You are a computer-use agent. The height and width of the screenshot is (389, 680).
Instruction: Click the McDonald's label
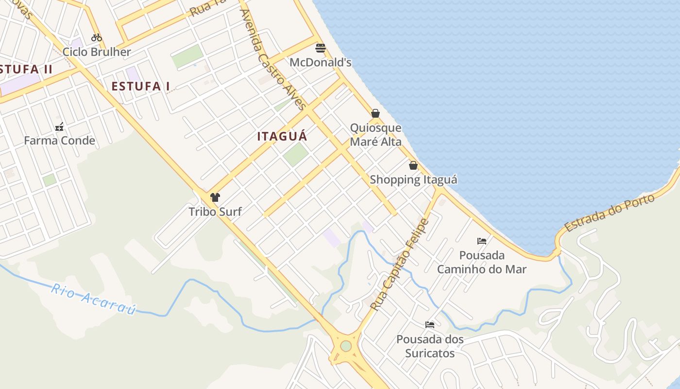[320, 63]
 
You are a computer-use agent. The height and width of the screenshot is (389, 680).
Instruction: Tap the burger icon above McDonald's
[320, 48]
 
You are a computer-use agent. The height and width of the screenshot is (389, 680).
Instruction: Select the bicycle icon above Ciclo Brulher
[97, 37]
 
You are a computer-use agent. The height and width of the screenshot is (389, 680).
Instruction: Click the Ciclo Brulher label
[97, 52]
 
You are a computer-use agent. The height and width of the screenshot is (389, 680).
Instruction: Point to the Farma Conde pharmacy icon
[59, 127]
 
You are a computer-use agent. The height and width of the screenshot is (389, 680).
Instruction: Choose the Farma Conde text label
[59, 141]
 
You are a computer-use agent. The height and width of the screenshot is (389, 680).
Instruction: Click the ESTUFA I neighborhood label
[140, 87]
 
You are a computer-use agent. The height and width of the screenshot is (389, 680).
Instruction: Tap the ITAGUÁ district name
[282, 137]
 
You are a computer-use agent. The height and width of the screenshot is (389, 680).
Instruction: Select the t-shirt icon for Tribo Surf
[215, 197]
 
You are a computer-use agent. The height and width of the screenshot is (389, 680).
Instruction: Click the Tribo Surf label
[215, 212]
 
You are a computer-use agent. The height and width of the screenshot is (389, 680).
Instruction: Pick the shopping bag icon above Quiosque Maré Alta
[375, 113]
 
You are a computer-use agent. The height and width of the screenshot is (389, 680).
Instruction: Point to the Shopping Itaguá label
[413, 180]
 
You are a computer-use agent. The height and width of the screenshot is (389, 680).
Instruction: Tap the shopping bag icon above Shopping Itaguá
[413, 165]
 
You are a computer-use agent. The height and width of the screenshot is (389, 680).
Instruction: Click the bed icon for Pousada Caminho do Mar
[482, 241]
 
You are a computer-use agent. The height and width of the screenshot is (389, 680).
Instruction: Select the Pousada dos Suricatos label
[430, 346]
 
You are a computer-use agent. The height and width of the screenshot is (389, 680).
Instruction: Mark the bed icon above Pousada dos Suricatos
[430, 324]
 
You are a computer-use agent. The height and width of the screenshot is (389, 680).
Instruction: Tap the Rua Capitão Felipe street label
[400, 265]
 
